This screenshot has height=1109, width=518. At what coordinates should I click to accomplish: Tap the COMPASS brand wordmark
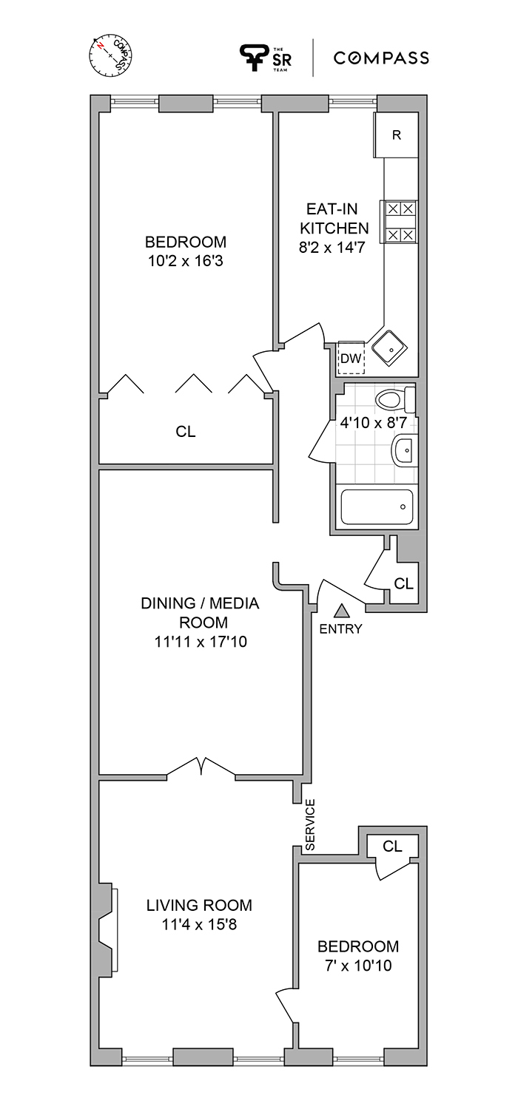click(380, 58)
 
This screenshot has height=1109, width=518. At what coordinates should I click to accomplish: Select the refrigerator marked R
click(396, 135)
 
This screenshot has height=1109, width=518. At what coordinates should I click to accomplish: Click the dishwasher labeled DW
click(351, 357)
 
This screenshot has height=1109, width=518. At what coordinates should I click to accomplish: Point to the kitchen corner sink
click(390, 347)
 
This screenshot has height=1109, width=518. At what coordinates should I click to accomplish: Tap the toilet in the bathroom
click(396, 399)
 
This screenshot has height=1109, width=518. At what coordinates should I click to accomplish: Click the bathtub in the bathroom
click(377, 507)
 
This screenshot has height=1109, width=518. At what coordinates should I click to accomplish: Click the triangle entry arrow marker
click(340, 611)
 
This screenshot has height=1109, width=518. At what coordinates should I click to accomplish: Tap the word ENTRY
click(340, 628)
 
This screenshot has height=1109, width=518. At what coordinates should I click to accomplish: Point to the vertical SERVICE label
click(310, 825)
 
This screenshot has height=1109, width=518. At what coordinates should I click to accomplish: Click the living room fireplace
click(109, 928)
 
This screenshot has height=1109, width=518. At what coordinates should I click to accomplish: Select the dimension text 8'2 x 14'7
click(332, 247)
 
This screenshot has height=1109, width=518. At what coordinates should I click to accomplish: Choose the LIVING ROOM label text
click(199, 906)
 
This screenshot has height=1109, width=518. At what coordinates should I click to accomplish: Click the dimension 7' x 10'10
click(358, 966)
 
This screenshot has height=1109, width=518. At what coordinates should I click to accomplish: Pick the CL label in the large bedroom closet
click(186, 432)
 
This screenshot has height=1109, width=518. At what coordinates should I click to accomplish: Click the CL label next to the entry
click(403, 584)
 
